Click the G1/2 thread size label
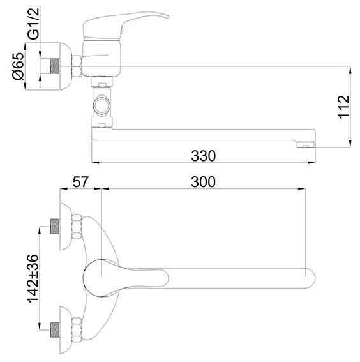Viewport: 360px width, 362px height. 33,24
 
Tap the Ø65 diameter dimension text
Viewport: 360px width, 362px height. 19,66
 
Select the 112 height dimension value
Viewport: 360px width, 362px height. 344,107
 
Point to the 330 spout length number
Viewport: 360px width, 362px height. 204,156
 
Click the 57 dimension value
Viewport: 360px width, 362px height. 80,182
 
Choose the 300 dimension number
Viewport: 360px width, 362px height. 204,182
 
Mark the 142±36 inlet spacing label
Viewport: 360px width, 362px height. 33,278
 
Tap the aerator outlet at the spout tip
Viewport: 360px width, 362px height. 306,145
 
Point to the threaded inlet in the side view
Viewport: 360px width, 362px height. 55,66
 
